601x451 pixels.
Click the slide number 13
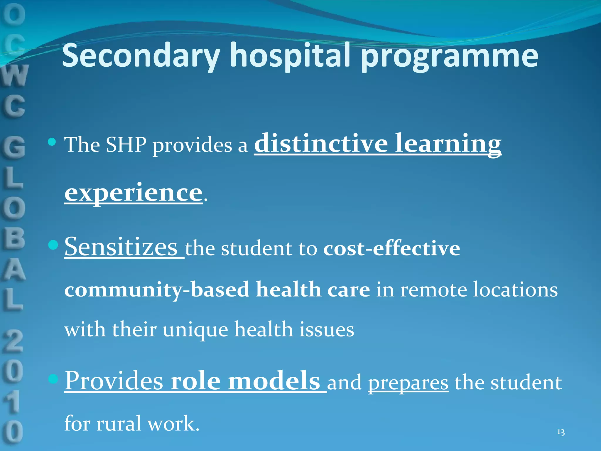[x=561, y=432]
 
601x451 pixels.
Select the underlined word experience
[x=134, y=193]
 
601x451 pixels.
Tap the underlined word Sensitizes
[x=121, y=247]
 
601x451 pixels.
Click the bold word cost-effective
[x=391, y=248]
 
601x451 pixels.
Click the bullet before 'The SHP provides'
[x=52, y=142]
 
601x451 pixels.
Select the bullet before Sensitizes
[x=53, y=245]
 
